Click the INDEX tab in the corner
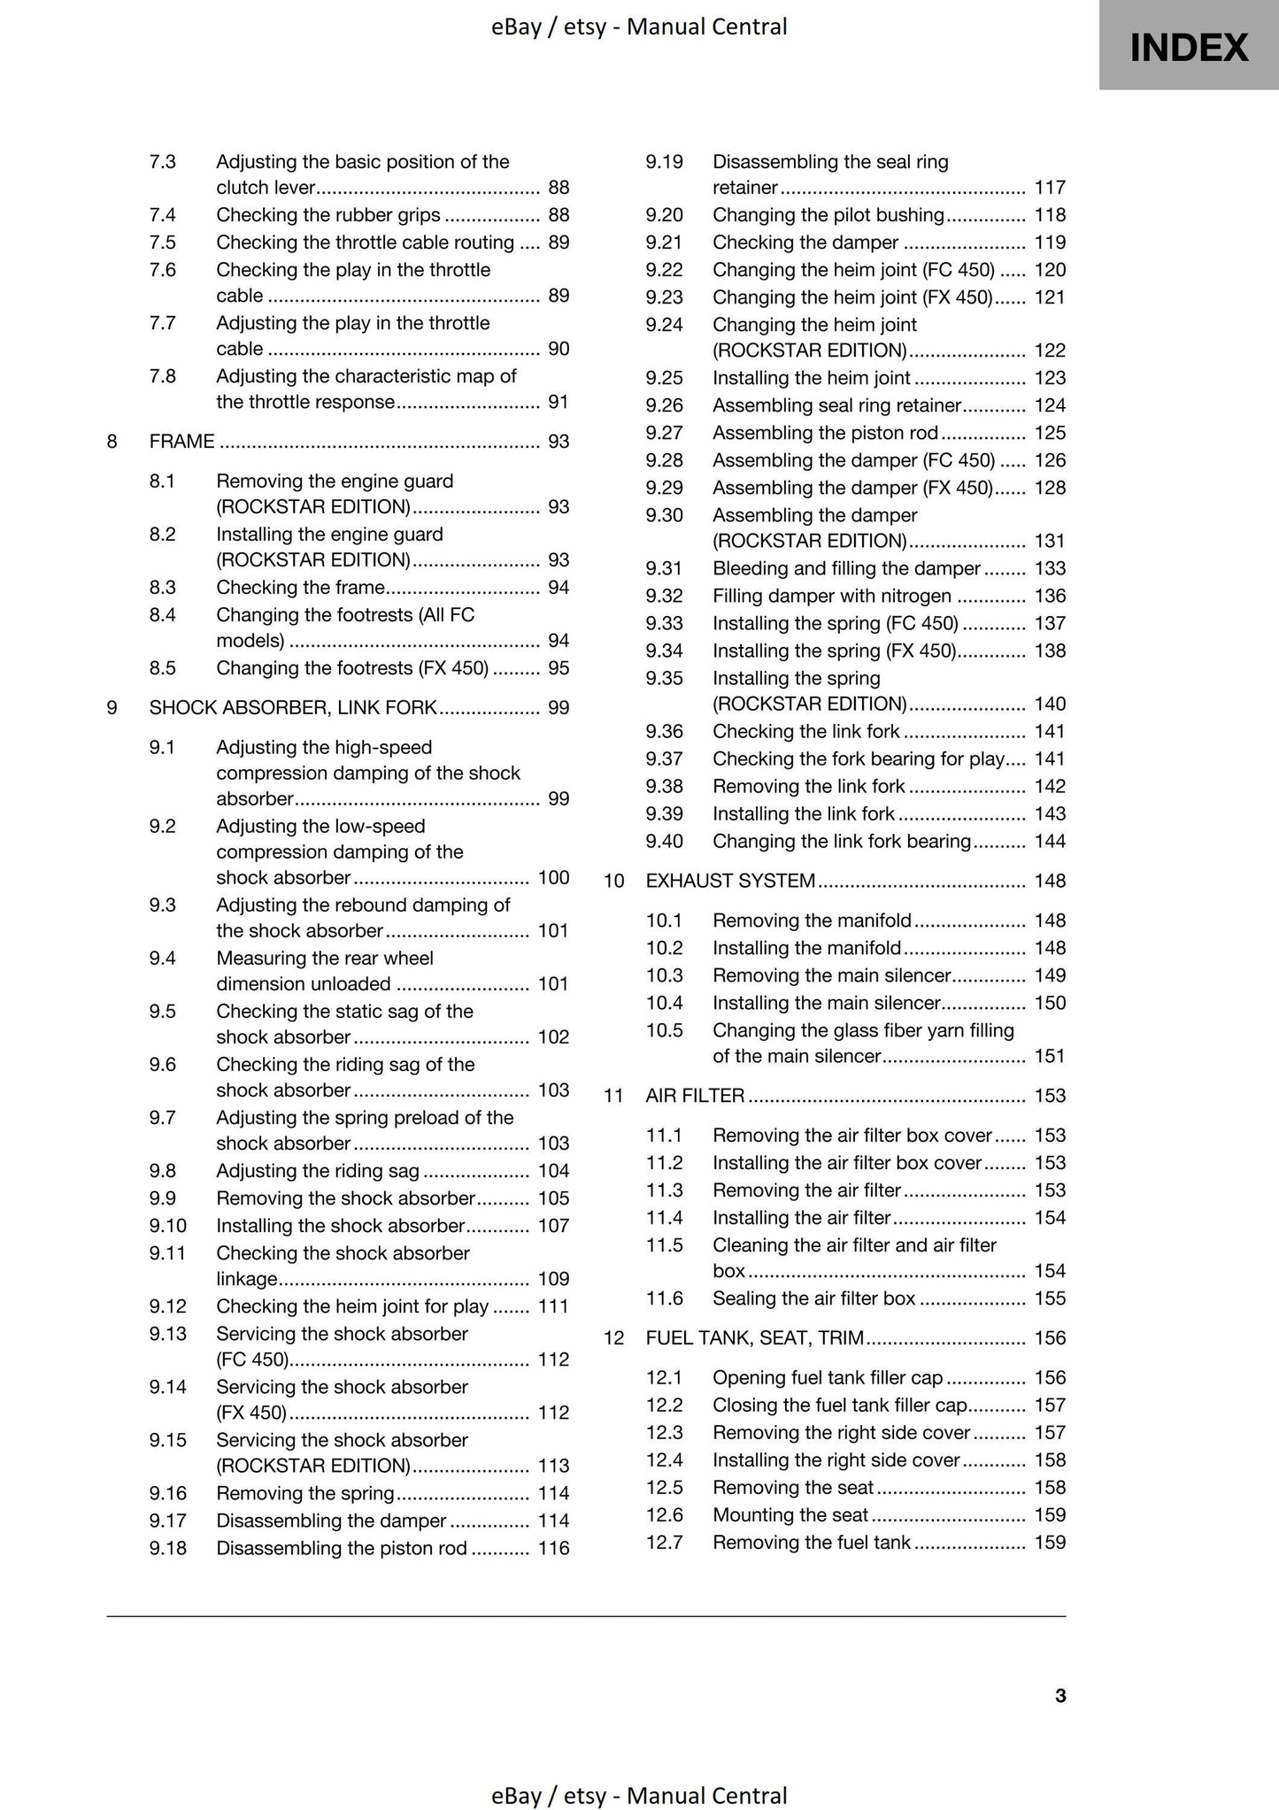[x=1188, y=46]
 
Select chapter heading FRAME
[x=181, y=441]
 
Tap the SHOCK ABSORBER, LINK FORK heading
[x=293, y=707]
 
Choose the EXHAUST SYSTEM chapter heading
[x=730, y=881]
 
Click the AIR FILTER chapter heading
[x=695, y=1096]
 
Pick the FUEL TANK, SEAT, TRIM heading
[x=754, y=1337]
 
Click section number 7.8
[x=163, y=376]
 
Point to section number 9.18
[x=168, y=1548]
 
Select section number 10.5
[x=664, y=1030]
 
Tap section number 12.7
[x=664, y=1542]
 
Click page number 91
[x=559, y=402]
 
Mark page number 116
[x=553, y=1548]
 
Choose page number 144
[x=1050, y=841]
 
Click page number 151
[x=1050, y=1056]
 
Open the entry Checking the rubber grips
[x=328, y=215]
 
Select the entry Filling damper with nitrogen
[x=832, y=596]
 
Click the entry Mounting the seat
[x=790, y=1514]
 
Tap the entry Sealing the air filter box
[x=813, y=1298]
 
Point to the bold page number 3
[x=1060, y=1695]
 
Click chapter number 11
[x=613, y=1096]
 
